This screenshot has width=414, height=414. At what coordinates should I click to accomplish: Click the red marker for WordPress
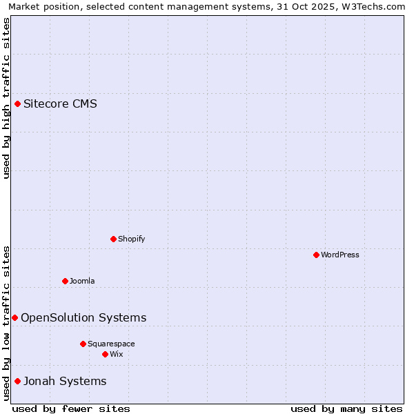click(316, 255)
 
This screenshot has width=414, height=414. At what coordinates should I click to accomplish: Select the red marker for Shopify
click(113, 239)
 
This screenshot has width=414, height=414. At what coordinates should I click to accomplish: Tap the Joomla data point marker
click(65, 281)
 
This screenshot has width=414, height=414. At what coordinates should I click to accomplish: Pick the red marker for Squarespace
click(83, 344)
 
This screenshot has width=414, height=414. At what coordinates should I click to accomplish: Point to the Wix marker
click(105, 354)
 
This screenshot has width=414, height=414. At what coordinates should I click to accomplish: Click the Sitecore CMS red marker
click(17, 104)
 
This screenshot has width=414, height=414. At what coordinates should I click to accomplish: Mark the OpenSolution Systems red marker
click(14, 317)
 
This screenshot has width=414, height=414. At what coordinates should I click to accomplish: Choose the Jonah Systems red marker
click(17, 381)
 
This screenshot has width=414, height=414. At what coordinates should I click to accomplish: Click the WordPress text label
click(340, 255)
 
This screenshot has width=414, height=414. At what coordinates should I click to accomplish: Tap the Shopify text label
click(132, 239)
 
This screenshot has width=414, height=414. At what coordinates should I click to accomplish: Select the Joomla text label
click(82, 281)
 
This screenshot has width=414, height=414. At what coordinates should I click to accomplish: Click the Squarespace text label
click(111, 344)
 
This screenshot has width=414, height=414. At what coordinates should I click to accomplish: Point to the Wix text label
click(117, 354)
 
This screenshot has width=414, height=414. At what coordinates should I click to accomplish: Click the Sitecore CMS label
click(60, 104)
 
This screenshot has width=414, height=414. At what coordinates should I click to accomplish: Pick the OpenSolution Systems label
click(83, 317)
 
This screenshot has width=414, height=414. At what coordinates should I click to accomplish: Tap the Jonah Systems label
click(65, 381)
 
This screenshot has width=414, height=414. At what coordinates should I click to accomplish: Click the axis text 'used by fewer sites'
click(71, 408)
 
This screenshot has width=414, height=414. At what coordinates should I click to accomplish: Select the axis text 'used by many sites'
click(346, 408)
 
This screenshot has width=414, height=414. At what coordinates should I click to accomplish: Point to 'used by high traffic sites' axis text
click(6, 98)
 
